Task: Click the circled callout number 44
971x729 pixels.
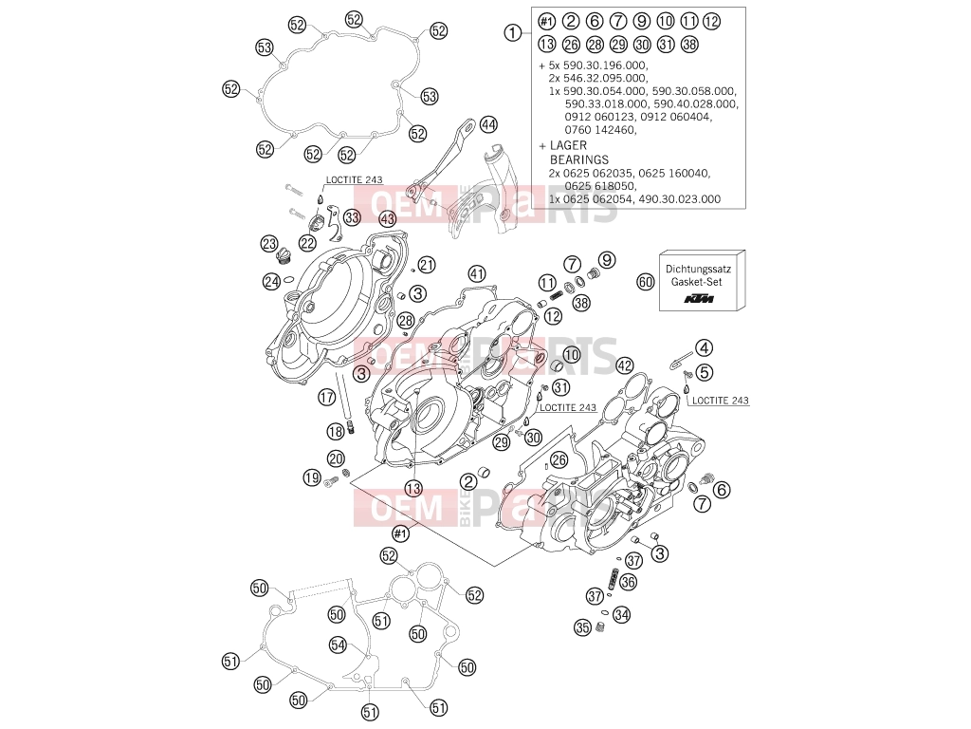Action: tap(488, 124)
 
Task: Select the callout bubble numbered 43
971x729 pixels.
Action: tap(387, 219)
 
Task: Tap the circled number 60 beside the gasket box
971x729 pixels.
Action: tap(646, 282)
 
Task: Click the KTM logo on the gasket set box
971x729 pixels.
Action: tap(699, 299)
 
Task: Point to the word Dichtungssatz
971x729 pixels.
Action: tap(699, 269)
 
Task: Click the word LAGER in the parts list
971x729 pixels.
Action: tap(568, 145)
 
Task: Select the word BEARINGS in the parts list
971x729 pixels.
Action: tap(579, 159)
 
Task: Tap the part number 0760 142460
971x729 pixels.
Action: tap(600, 130)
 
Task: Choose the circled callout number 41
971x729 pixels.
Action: tap(476, 273)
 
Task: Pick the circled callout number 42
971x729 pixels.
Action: tap(625, 365)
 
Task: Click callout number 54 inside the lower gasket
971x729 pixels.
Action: tap(339, 645)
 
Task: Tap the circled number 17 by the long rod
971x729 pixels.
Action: tap(327, 398)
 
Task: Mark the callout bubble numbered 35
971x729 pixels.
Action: tap(583, 628)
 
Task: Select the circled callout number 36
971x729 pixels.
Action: tap(628, 582)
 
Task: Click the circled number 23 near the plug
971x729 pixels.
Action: tap(268, 244)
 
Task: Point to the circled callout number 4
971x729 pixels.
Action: tap(704, 347)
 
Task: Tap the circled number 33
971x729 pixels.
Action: tap(352, 217)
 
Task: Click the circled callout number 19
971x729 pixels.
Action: tap(312, 478)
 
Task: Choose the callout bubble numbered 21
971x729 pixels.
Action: tap(427, 266)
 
